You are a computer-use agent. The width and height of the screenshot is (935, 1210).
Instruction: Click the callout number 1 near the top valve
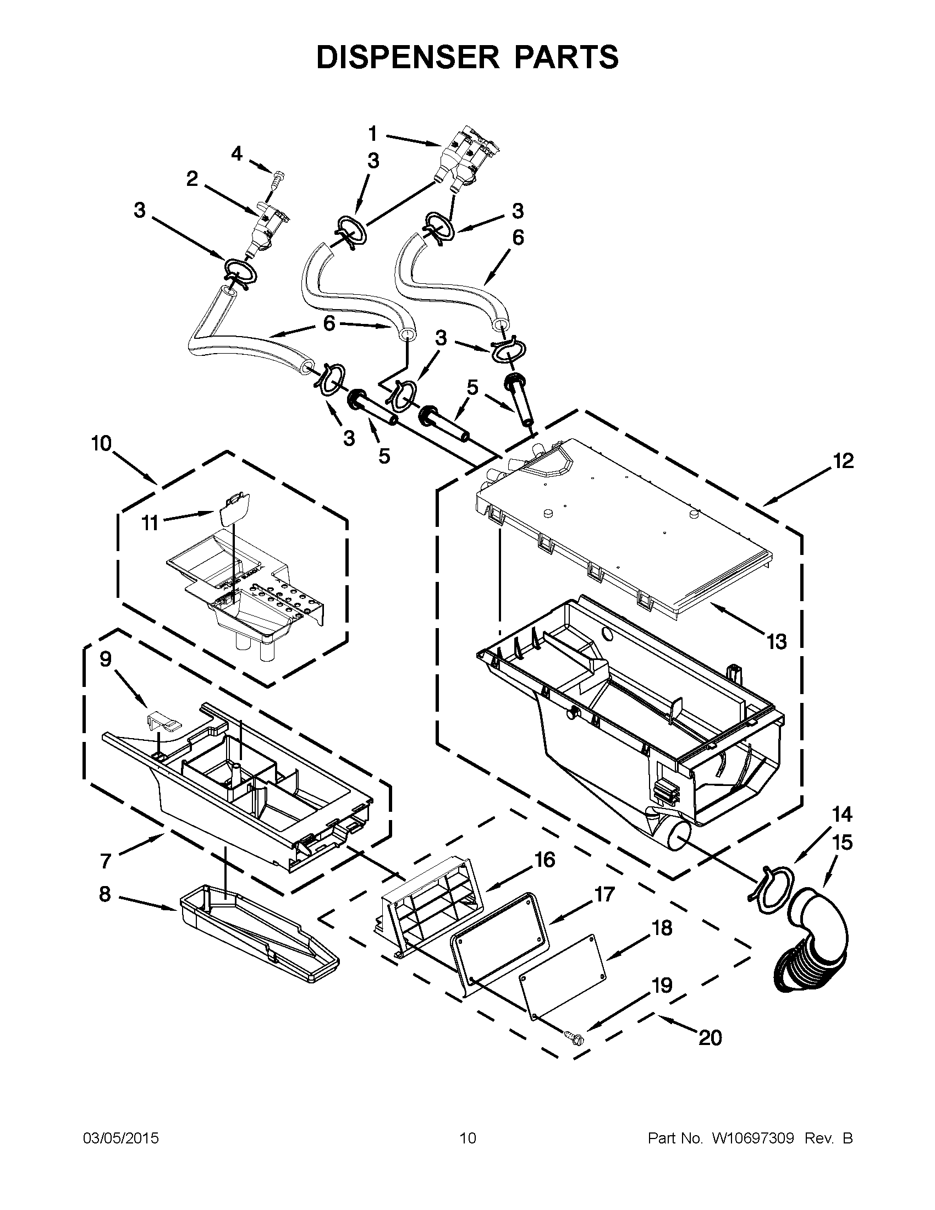[x=372, y=134]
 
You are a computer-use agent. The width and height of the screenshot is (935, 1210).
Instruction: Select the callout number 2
[x=192, y=179]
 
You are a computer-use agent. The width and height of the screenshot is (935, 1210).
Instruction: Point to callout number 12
[x=843, y=461]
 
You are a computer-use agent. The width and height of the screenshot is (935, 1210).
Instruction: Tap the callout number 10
[x=102, y=444]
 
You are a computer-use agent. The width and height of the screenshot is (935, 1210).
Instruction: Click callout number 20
[x=710, y=1037]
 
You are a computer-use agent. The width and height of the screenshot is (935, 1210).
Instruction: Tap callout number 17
[x=604, y=894]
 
